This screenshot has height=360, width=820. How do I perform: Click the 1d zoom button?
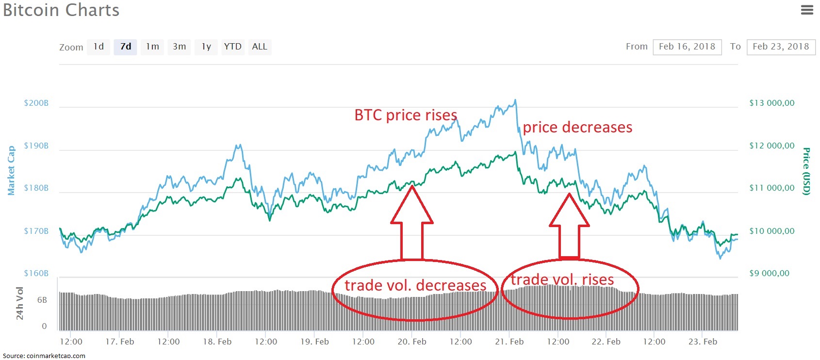(x=98, y=47)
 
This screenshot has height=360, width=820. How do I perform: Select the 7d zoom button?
(x=126, y=47)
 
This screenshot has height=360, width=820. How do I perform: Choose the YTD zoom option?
(x=233, y=47)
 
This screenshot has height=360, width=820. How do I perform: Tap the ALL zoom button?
(x=260, y=47)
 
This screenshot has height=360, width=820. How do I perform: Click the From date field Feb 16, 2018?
(x=687, y=47)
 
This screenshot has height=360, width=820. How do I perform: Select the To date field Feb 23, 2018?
(x=781, y=47)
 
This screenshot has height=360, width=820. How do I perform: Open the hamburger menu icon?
(x=807, y=10)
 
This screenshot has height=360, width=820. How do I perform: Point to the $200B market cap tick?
(x=36, y=103)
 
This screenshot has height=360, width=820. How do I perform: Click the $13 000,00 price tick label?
(x=772, y=103)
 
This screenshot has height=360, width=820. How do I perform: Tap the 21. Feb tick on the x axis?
(x=509, y=342)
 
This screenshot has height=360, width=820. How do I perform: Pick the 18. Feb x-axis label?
(x=217, y=342)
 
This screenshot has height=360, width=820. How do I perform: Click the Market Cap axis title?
(x=11, y=170)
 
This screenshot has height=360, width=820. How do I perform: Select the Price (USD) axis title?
(x=806, y=171)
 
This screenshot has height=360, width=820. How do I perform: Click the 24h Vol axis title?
(x=20, y=304)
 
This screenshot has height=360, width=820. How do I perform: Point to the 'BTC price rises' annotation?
(x=406, y=115)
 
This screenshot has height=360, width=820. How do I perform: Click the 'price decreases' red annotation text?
(x=577, y=127)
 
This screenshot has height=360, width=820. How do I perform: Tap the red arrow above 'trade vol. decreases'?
(x=412, y=223)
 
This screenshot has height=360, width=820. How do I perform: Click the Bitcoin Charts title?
(x=61, y=10)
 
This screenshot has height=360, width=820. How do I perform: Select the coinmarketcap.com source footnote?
(x=44, y=356)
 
